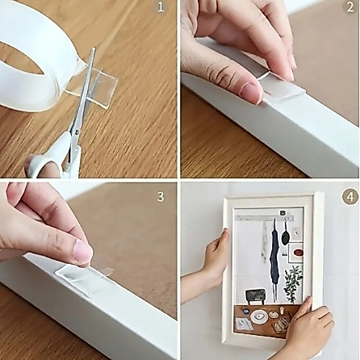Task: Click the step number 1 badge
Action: [161, 7]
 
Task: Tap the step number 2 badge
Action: [350, 7]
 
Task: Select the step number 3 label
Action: [161, 197]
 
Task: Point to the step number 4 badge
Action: [350, 196]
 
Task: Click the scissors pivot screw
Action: [77, 132]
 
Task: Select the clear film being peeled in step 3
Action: [99, 268]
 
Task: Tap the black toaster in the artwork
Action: [254, 296]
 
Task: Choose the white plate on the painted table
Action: [259, 316]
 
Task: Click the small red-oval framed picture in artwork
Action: [296, 253]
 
